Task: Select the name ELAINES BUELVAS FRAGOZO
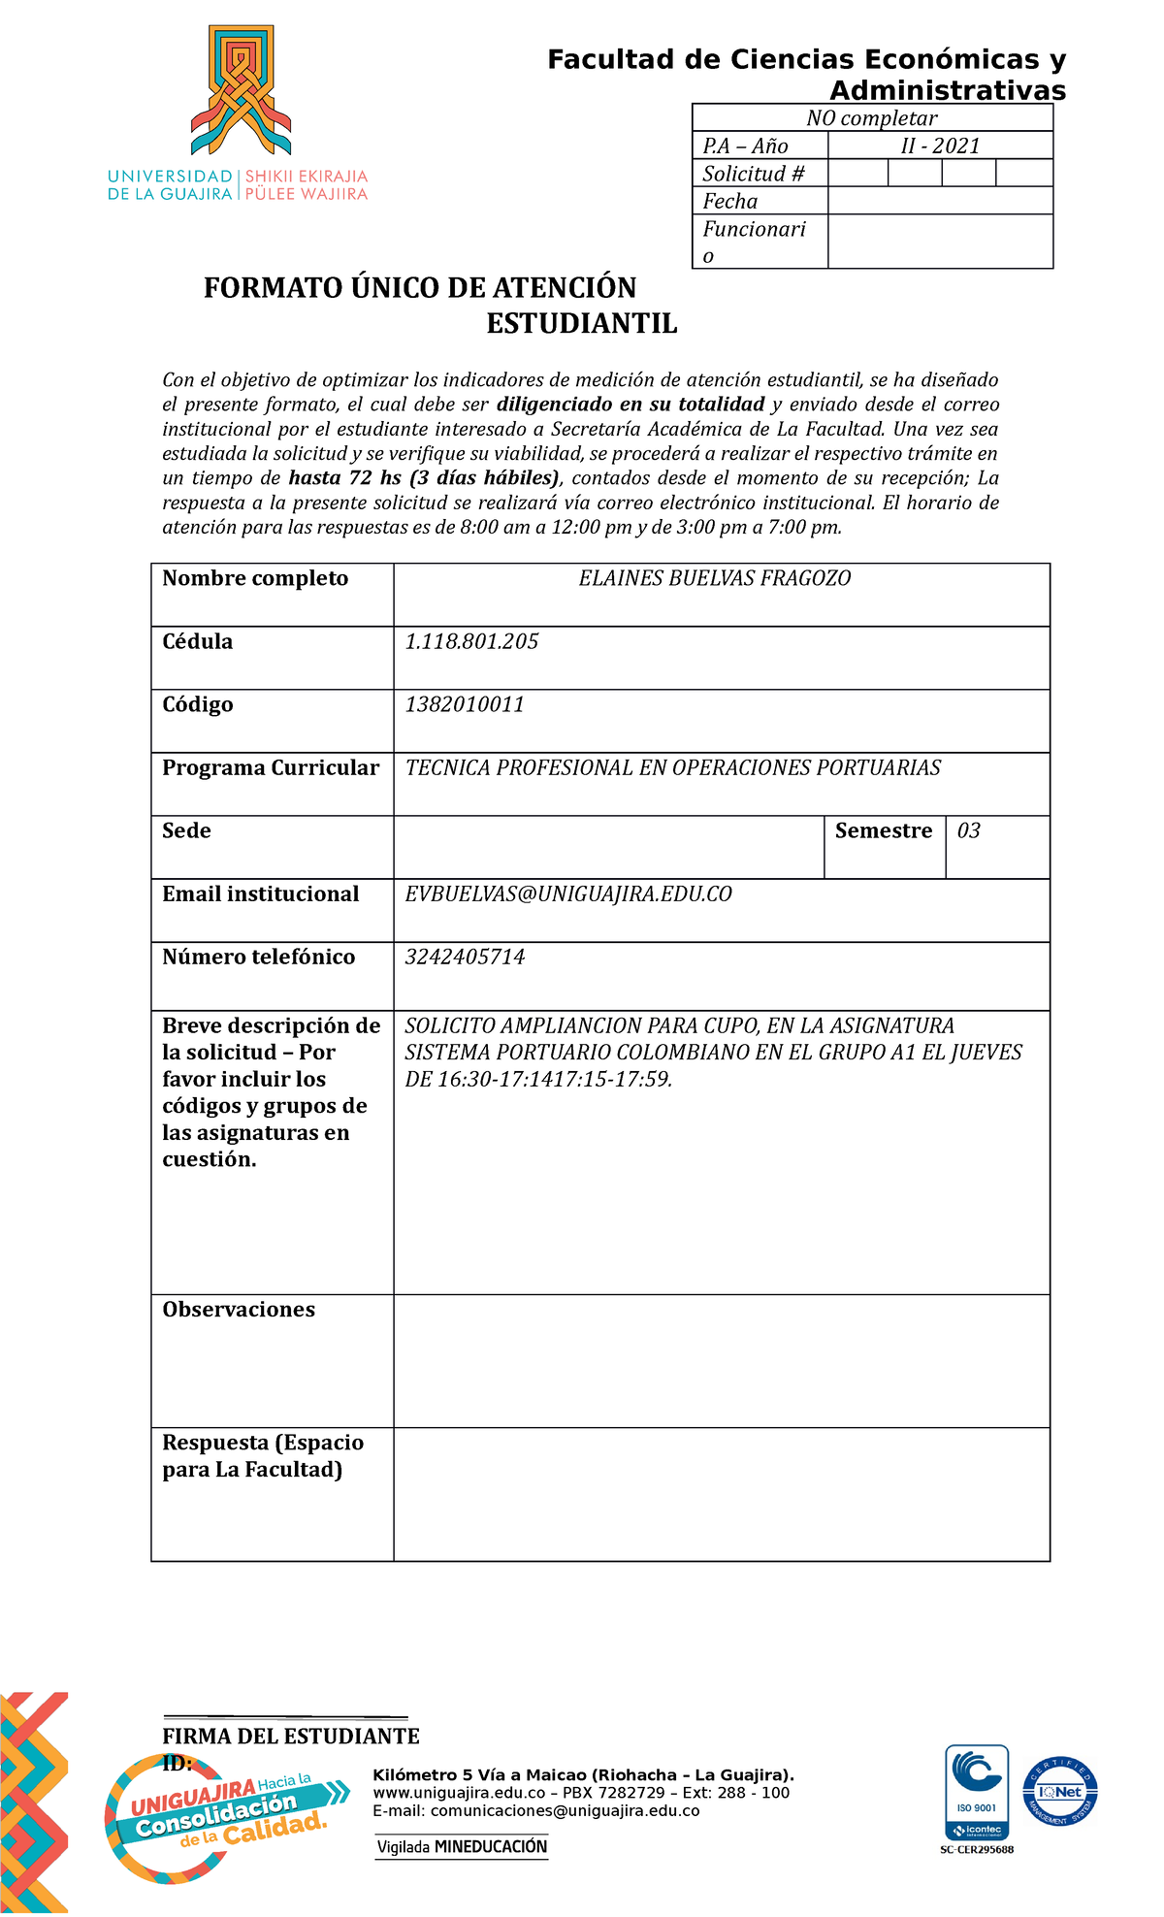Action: [714, 579]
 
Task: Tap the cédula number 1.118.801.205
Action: [471, 641]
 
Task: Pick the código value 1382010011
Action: [465, 704]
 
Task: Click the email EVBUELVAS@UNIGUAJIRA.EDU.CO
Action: [568, 894]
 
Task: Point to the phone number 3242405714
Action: [465, 957]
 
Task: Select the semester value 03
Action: [968, 830]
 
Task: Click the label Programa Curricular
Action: [271, 767]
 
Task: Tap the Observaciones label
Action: [239, 1309]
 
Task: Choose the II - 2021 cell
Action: [940, 146]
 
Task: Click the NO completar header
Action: [871, 118]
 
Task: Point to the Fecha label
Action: [729, 201]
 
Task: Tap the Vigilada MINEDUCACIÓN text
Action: [462, 1846]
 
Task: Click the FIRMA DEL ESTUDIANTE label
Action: [291, 1736]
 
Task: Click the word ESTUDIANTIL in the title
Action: [581, 323]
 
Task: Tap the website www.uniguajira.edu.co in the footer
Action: [459, 1793]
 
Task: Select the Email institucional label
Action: [260, 894]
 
